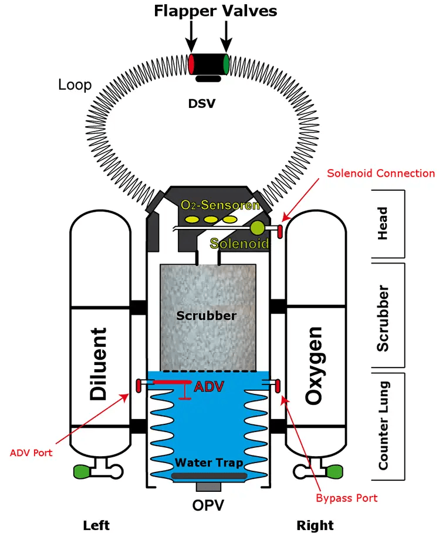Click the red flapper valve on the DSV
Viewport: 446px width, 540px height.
point(191,64)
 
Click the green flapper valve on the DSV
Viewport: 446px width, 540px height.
point(226,64)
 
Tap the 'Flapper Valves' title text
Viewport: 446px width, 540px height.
point(215,11)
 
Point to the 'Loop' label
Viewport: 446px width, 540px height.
point(75,85)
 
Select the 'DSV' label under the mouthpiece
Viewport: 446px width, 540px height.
point(202,104)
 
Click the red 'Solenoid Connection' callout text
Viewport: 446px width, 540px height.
point(381,173)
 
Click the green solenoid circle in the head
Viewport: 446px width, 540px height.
point(257,228)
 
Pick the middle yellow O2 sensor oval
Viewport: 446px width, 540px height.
point(211,220)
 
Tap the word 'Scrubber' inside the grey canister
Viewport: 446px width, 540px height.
point(207,315)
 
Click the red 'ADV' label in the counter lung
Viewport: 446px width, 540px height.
point(209,387)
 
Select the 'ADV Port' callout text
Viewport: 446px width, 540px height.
point(31,453)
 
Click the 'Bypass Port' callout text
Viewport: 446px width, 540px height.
point(346,498)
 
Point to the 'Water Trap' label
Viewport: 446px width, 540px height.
point(209,463)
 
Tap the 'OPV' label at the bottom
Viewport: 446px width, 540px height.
point(208,505)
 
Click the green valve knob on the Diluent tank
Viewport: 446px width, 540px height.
point(82,471)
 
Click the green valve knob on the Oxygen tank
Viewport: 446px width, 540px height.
point(334,471)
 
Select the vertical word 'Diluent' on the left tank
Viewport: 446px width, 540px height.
point(99,364)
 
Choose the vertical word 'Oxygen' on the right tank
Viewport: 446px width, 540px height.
point(314,366)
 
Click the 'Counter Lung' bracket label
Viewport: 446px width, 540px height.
point(384,426)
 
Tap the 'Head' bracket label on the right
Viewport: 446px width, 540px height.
point(383,224)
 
